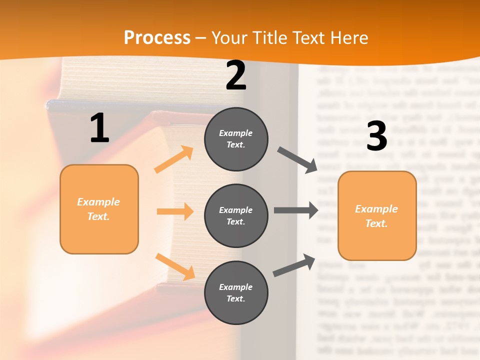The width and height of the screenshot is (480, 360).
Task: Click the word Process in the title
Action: (x=157, y=38)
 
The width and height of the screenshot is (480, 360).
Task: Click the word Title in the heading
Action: (x=270, y=38)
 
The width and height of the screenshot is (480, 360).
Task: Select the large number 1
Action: (x=99, y=128)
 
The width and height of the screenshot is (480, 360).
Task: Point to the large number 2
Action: (x=236, y=75)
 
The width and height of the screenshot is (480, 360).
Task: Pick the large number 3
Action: (x=377, y=136)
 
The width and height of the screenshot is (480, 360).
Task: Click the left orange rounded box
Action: (x=99, y=209)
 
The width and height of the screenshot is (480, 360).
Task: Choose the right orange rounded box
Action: (x=377, y=216)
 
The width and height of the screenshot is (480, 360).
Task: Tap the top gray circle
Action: (x=236, y=138)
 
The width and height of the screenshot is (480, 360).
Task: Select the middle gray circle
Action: (x=236, y=215)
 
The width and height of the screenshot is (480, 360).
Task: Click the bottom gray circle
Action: (x=236, y=292)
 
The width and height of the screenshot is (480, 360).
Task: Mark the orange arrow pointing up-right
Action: (x=174, y=159)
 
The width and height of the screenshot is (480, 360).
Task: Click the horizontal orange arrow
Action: (x=175, y=211)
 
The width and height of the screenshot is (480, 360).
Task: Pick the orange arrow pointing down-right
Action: (x=175, y=266)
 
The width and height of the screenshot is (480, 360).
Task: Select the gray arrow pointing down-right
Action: (x=297, y=160)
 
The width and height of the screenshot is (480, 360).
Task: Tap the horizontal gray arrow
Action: (x=295, y=210)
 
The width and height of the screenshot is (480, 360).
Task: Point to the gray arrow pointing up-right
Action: (x=294, y=265)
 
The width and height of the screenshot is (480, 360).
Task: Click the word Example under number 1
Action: (x=98, y=202)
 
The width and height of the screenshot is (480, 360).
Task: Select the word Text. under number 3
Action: (x=376, y=223)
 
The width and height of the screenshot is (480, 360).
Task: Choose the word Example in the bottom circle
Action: (x=236, y=287)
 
